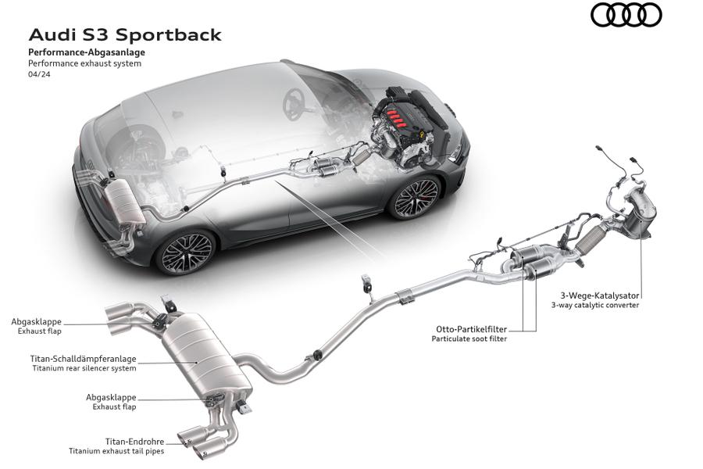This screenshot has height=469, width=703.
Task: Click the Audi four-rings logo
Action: (x=626, y=15)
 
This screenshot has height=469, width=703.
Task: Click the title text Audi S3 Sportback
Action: (x=125, y=35)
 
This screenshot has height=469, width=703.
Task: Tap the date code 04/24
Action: (x=38, y=76)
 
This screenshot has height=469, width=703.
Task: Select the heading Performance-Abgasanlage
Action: (x=87, y=52)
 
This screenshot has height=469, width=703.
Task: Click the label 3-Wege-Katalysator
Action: (x=600, y=295)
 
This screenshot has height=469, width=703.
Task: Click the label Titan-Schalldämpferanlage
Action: (x=84, y=360)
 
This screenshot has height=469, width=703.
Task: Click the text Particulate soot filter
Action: (x=469, y=339)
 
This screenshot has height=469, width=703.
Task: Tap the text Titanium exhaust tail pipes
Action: (x=116, y=452)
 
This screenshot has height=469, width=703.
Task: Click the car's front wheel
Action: (x=416, y=198)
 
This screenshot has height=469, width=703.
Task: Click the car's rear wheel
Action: (x=184, y=252)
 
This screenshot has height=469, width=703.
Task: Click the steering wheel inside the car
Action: (x=296, y=104)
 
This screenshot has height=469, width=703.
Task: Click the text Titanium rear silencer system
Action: (x=84, y=368)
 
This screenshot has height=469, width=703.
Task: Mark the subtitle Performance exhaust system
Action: (x=84, y=64)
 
